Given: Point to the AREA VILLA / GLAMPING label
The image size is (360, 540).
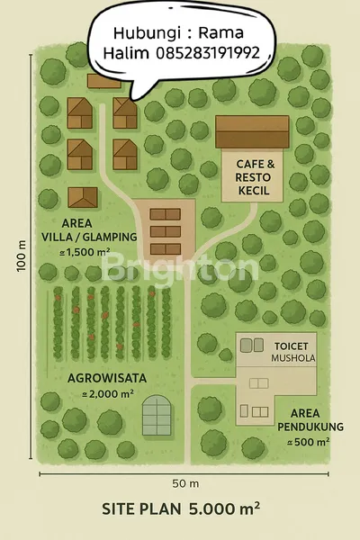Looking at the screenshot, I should coord(88,229).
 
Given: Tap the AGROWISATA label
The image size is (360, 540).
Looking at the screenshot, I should coord(105,378).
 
